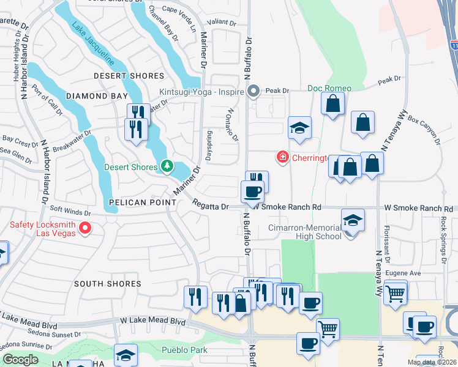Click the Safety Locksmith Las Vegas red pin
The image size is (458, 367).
click(85, 229)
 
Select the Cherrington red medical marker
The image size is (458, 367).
click(282, 157)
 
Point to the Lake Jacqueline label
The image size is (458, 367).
click(93, 44)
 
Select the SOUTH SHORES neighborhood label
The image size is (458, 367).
click(107, 284)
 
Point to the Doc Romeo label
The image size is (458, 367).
click(329, 88)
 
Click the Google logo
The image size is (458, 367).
click(20, 360)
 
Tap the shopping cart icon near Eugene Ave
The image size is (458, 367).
click(396, 292)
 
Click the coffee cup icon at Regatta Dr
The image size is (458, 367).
click(252, 192)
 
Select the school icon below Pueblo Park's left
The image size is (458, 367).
click(126, 355)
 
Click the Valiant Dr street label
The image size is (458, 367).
click(222, 22)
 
